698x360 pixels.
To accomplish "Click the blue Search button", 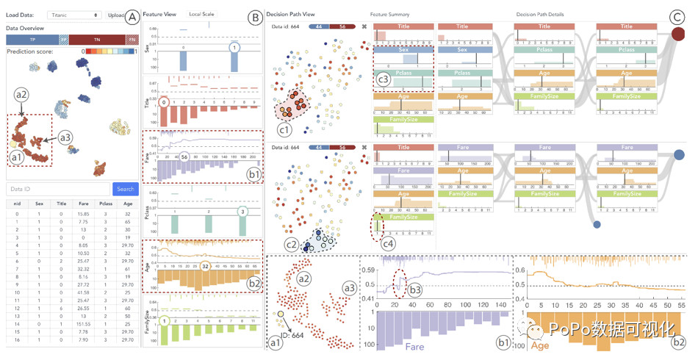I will [125, 189].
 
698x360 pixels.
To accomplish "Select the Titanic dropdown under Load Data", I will [75, 15].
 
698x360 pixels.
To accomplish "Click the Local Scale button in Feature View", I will [202, 14].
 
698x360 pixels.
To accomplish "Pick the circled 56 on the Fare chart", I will [186, 157].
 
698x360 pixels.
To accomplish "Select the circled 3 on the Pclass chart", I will [242, 212].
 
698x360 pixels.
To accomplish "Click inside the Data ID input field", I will [57, 189].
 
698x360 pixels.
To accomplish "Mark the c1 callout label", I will [284, 130].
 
